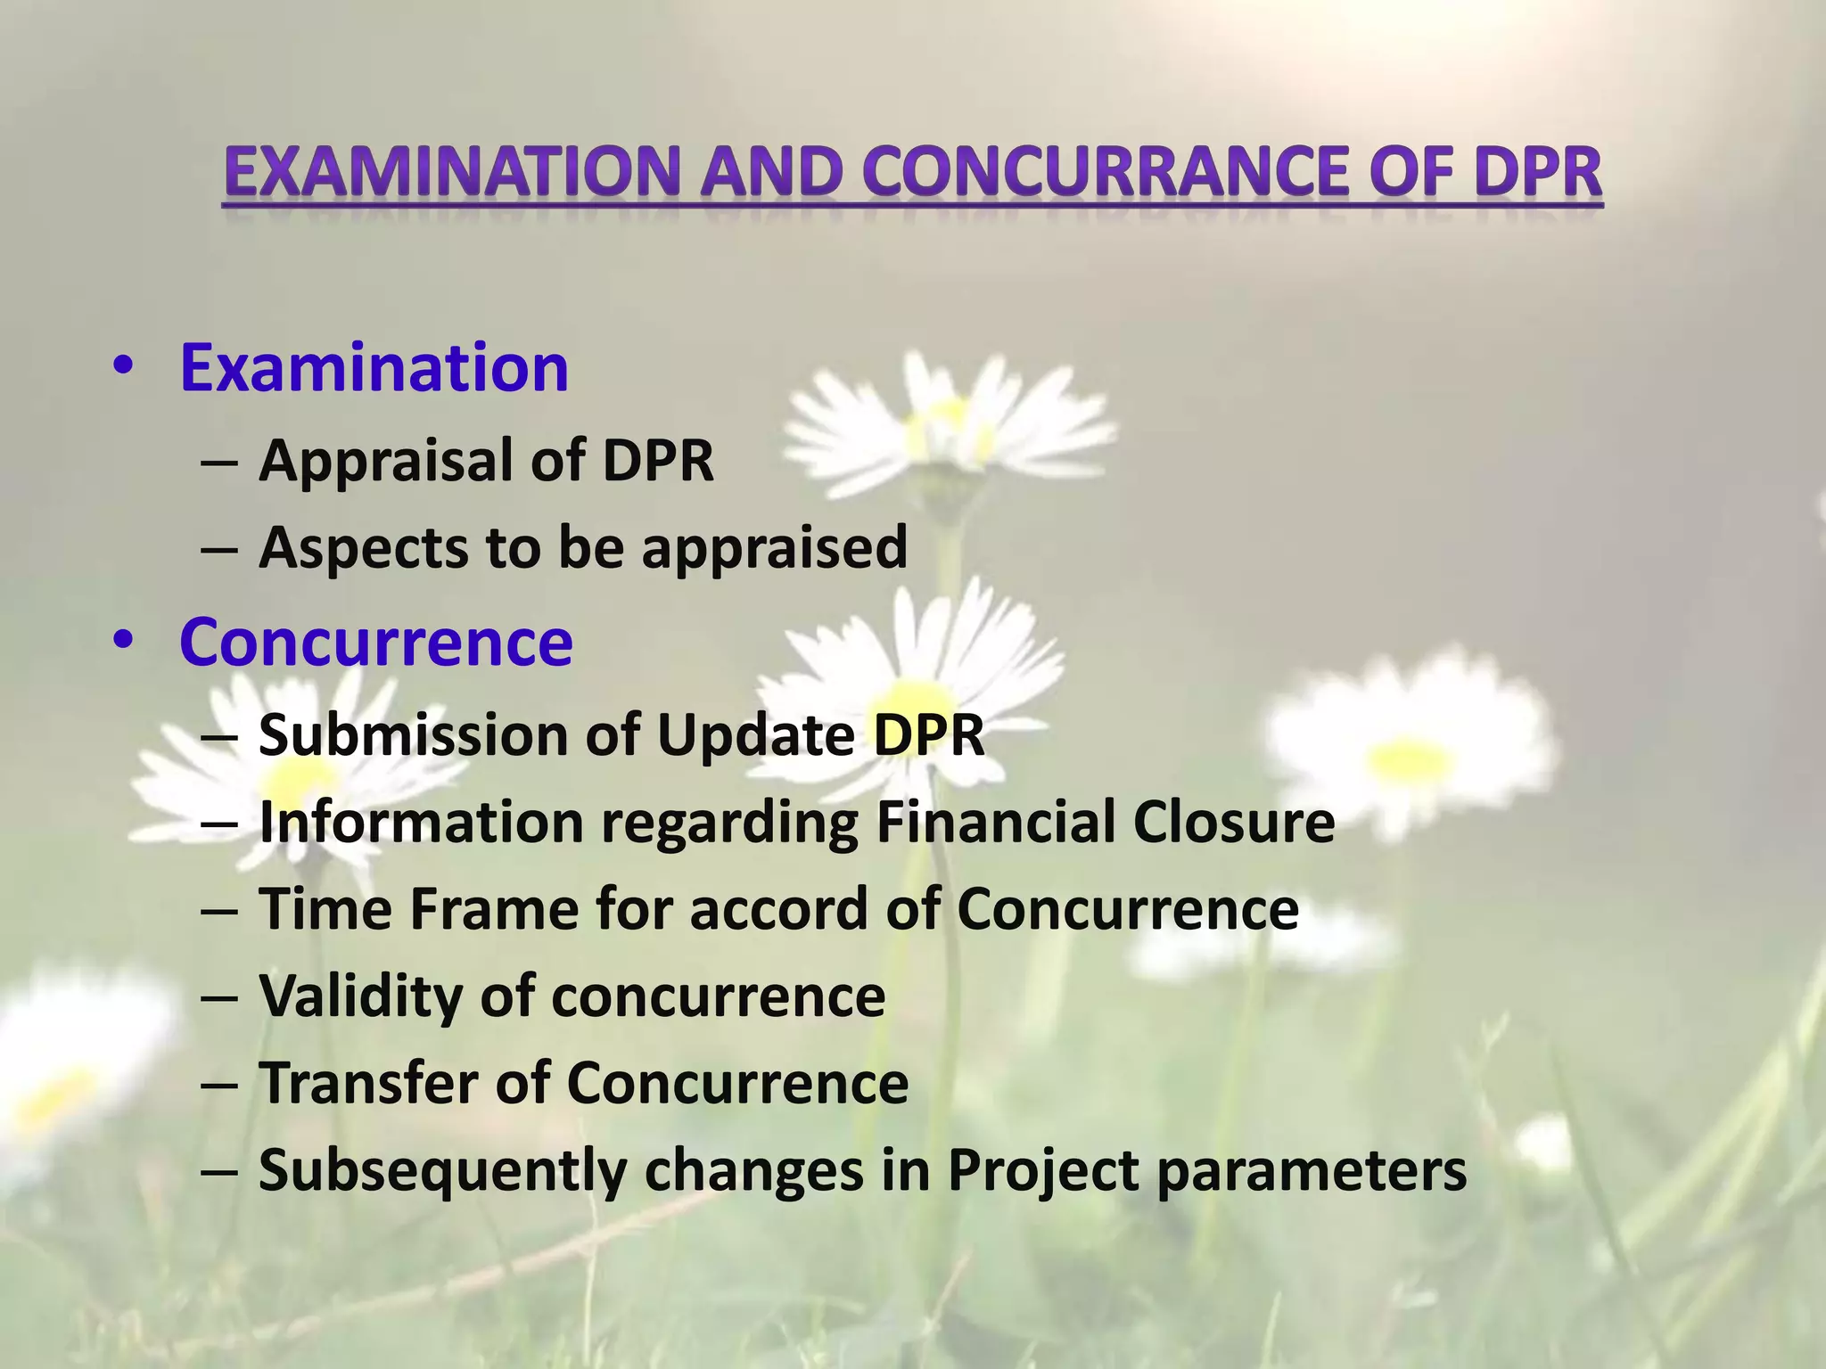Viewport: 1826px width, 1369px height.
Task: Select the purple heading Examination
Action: pyautogui.click(x=374, y=368)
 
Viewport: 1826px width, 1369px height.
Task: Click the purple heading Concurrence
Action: pyautogui.click(x=376, y=642)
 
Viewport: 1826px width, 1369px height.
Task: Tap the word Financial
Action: pyautogui.click(x=995, y=822)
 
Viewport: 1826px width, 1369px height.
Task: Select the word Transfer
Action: pyautogui.click(x=368, y=1084)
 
